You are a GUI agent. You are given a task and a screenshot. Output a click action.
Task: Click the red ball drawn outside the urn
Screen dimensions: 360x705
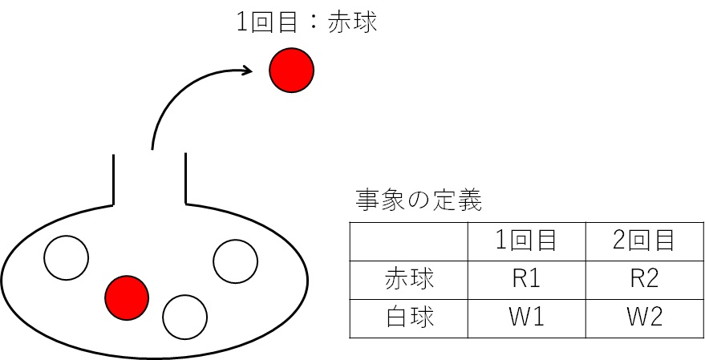291,71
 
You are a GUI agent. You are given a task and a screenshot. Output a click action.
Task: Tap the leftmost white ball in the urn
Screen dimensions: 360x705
66,257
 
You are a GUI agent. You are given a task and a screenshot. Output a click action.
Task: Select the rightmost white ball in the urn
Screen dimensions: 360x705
235,261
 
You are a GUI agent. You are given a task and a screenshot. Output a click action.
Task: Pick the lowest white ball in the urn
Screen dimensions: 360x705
185,316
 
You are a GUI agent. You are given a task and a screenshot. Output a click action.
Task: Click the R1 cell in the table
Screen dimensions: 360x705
527,279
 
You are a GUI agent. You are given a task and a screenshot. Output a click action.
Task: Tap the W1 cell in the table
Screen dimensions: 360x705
527,318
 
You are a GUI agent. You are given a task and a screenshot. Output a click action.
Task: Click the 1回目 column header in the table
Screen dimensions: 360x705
527,241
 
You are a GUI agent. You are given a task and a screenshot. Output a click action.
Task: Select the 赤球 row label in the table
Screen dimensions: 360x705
409,279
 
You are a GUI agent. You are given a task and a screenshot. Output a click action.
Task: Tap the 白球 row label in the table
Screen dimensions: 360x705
409,318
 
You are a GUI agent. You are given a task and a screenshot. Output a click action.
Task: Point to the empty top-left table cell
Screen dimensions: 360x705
409,241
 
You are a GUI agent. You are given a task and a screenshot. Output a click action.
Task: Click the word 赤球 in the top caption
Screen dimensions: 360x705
352,22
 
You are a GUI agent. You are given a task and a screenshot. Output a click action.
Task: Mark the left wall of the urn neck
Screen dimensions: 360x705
114,178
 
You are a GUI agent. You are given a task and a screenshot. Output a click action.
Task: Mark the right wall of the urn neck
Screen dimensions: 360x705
186,178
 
